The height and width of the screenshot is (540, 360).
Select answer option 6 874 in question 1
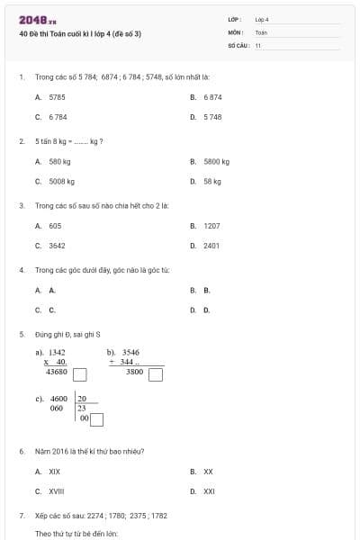[212, 97]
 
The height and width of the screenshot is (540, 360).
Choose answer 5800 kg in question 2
[216, 161]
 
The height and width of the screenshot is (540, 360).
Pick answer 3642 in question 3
[57, 245]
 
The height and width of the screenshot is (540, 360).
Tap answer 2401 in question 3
[211, 245]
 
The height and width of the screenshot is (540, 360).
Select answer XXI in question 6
[209, 490]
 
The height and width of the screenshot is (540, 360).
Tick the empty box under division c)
[96, 418]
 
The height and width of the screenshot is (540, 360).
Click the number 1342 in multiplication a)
[57, 352]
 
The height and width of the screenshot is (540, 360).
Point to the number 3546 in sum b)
[130, 352]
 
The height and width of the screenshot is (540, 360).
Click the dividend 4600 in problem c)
[58, 398]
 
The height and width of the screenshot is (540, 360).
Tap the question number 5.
[21, 334]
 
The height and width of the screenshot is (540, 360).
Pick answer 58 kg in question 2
[212, 181]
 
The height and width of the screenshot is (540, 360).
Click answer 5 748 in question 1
[212, 117]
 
